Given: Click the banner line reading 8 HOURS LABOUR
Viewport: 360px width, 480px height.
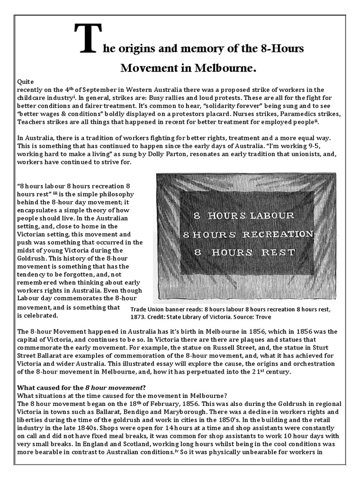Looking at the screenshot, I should pos(244,216).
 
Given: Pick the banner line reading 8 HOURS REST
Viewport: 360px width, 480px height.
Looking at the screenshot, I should pos(244,252).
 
